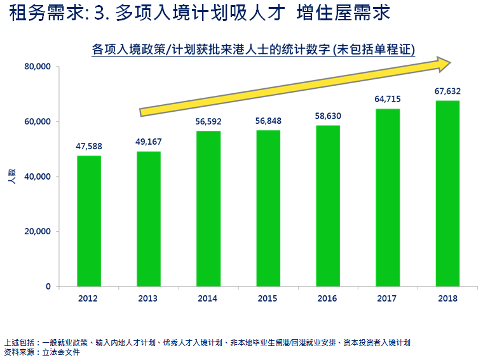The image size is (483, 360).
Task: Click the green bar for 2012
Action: tap(89, 221)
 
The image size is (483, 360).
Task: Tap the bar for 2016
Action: tap(328, 206)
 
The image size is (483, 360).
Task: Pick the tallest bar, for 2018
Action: tap(447, 193)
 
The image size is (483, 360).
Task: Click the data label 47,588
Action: tap(89, 147)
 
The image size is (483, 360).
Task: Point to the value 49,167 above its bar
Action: tap(149, 142)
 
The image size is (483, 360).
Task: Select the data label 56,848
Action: tap(268, 121)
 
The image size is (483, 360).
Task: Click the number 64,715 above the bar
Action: tap(388, 99)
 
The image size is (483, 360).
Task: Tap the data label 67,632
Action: tap(447, 91)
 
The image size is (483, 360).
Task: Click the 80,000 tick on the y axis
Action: tap(37, 67)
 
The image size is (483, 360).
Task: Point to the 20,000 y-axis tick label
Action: tap(37, 232)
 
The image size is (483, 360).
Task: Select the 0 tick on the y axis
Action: tap(48, 287)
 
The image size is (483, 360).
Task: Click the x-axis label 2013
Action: tap(149, 298)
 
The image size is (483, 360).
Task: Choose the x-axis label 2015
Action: tap(268, 298)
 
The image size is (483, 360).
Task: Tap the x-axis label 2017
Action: tap(388, 298)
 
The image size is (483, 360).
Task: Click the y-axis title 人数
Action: tap(12, 177)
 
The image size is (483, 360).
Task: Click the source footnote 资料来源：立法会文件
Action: tap(42, 351)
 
